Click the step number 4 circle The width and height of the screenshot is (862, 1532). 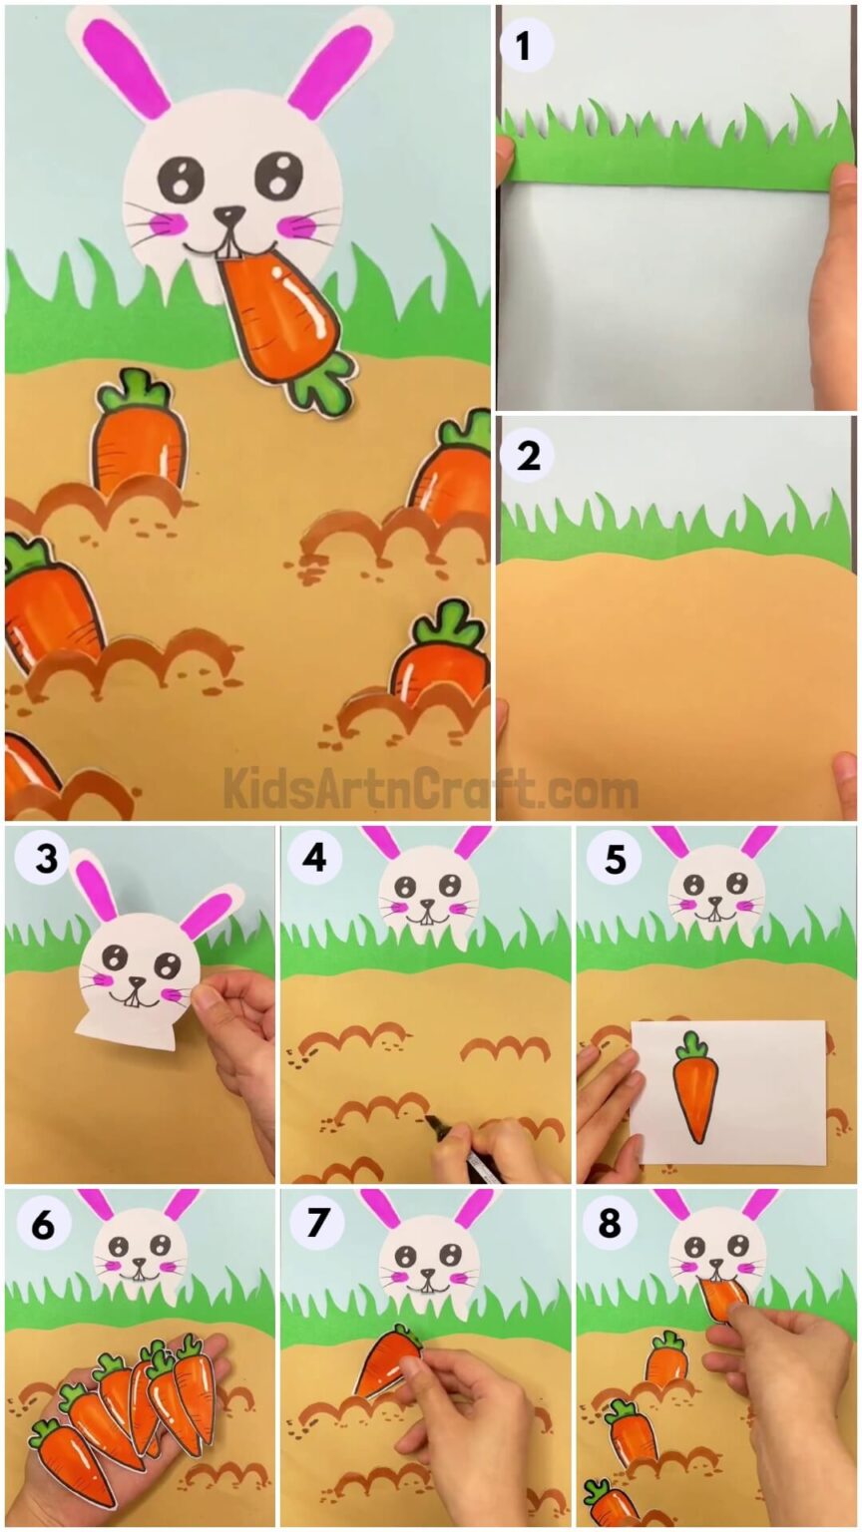tap(314, 857)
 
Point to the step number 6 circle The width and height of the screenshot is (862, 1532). tap(42, 1223)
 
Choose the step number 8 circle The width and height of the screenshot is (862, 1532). tap(610, 1223)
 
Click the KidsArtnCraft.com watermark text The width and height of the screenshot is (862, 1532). tap(430, 789)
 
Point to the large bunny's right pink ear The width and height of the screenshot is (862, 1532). tap(330, 70)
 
